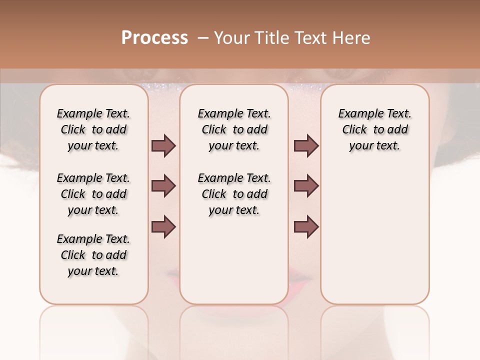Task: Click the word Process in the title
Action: coord(154,38)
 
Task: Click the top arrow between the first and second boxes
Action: coord(163,146)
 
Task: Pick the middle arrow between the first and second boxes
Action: coord(163,186)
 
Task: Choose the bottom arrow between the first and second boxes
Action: coord(163,226)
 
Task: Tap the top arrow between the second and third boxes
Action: coord(306,146)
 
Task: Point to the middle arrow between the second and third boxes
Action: coord(306,186)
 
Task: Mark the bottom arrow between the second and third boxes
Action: coord(306,226)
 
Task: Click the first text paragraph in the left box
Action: coord(93,129)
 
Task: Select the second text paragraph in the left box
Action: coord(93,194)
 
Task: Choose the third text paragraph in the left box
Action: coord(93,255)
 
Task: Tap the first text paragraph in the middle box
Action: coord(234,129)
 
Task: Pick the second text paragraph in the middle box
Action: coord(234,194)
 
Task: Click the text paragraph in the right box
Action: coord(374,129)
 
